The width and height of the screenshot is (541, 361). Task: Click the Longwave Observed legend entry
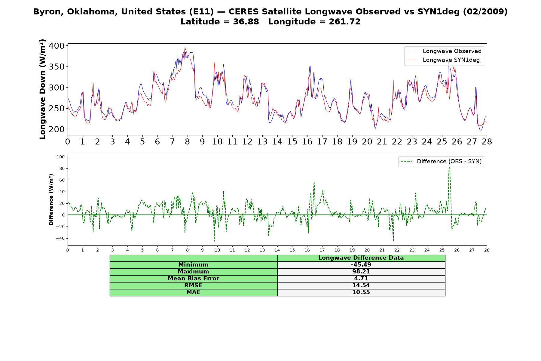(444, 51)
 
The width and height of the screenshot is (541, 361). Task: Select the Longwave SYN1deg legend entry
(443, 60)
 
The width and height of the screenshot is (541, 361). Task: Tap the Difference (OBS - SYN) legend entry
(441, 162)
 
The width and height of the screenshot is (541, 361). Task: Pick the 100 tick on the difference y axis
(61, 157)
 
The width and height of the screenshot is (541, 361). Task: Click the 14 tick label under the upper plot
(277, 142)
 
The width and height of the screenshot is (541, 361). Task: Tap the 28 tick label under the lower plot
(487, 250)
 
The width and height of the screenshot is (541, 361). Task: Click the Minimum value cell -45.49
(361, 265)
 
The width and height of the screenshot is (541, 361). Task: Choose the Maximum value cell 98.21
(361, 272)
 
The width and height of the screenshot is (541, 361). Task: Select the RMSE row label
(193, 285)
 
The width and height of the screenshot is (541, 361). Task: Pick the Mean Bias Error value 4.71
(361, 279)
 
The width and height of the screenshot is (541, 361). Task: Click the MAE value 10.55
(361, 292)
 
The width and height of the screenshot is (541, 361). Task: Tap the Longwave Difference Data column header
(361, 258)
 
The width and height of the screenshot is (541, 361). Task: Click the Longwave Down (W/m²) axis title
(42, 89)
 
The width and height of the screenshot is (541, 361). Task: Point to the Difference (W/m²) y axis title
(51, 199)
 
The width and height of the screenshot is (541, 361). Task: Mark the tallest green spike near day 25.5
(449, 159)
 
